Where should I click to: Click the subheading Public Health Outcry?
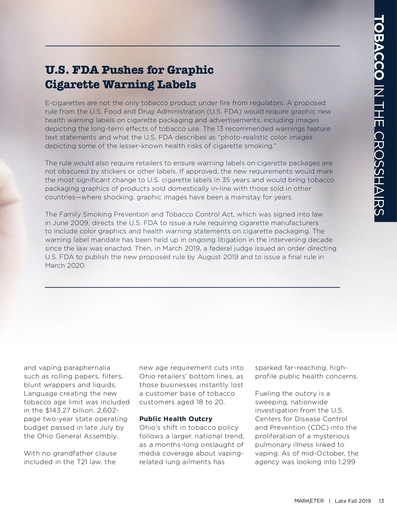[176, 419]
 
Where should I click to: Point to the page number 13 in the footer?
[381, 501]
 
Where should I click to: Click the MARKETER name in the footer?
[309, 501]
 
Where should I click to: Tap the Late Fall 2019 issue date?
[353, 501]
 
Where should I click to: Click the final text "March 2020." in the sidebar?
[65, 265]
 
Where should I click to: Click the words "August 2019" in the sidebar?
[218, 257]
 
